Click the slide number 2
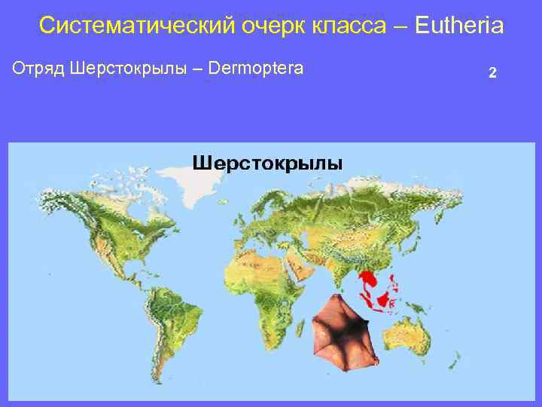point(492,73)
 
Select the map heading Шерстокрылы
point(268,163)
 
